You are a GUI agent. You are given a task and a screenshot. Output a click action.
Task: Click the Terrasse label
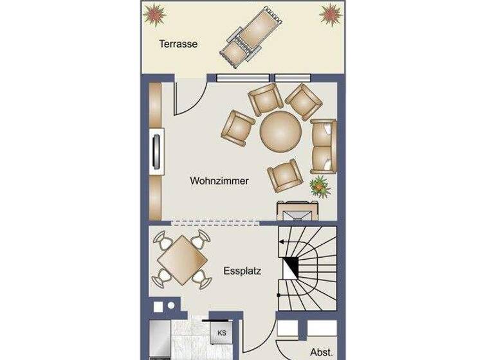tap(178, 44)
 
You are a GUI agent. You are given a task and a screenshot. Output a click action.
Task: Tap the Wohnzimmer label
tap(219, 181)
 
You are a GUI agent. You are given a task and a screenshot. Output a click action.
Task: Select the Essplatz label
tap(242, 271)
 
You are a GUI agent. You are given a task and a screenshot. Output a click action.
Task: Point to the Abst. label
tap(321, 352)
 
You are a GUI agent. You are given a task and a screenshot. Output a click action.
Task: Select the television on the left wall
tap(156, 152)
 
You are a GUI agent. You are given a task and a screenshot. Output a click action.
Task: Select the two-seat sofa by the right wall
tap(324, 146)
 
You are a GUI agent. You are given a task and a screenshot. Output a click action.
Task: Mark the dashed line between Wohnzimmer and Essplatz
tap(215, 223)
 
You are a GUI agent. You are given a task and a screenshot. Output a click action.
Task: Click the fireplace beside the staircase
tap(295, 211)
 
